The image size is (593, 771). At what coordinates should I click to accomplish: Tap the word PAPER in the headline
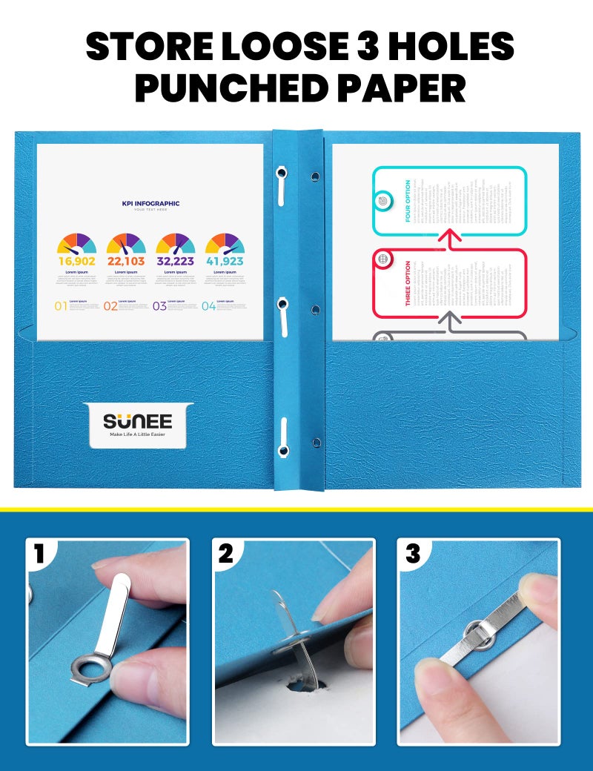pos(400,88)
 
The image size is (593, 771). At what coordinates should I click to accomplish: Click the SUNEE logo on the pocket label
pos(137,422)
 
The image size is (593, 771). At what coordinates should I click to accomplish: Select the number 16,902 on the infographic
pos(76,261)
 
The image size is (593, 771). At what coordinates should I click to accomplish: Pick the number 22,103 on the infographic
pos(126,261)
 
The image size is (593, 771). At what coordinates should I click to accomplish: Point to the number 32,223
pos(175,261)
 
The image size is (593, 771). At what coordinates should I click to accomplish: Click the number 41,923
pos(225,261)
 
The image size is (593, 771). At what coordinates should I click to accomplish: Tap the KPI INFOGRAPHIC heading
pos(150,203)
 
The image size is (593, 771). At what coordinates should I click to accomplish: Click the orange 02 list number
pos(110,305)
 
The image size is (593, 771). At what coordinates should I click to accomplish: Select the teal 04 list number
pos(208,305)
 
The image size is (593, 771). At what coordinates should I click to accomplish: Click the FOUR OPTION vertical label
pos(408,201)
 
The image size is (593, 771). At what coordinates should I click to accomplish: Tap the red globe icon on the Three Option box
pos(383,259)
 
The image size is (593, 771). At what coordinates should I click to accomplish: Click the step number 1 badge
pos(41,554)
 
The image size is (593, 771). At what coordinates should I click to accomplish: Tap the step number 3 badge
pos(412,554)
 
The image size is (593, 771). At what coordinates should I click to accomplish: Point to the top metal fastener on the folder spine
pos(282,186)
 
